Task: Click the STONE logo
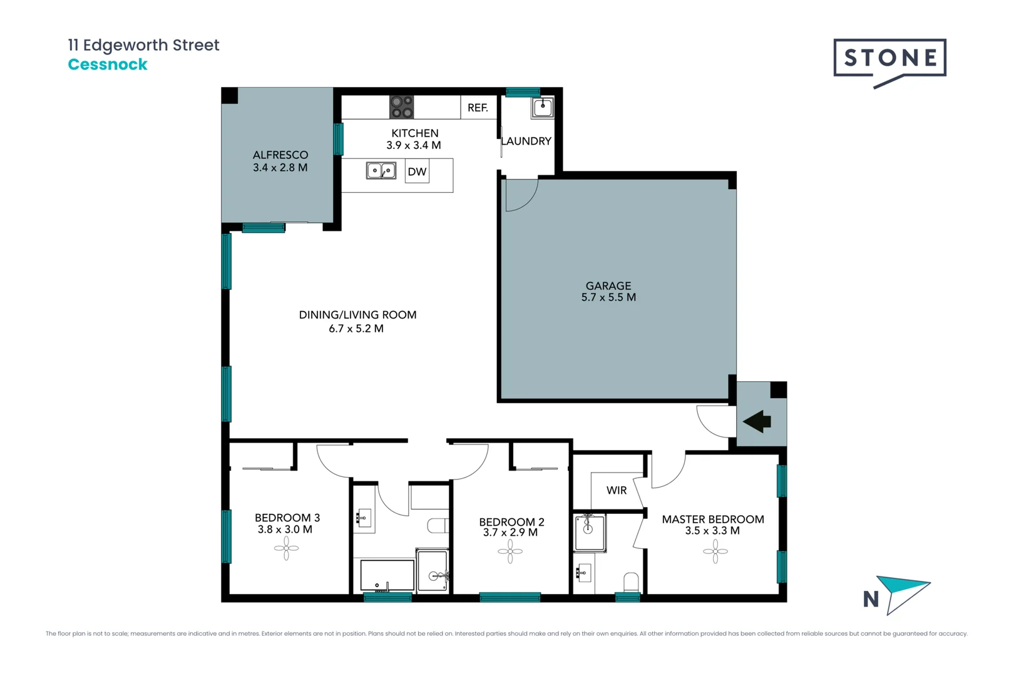[889, 59]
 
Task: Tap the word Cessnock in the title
[108, 64]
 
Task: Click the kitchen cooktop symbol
[401, 107]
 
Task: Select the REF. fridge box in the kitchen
[478, 108]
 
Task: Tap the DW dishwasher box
[417, 172]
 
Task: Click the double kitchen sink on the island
[381, 170]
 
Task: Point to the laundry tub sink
[542, 108]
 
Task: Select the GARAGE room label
[608, 285]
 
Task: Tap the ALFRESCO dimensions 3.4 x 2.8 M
[280, 168]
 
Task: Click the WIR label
[617, 490]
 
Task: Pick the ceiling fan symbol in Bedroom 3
[286, 549]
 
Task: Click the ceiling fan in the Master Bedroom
[715, 551]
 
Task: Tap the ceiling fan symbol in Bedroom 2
[510, 551]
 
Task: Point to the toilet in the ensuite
[631, 582]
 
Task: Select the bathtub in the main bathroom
[387, 575]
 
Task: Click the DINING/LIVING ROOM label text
[357, 315]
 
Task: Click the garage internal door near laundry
[521, 195]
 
